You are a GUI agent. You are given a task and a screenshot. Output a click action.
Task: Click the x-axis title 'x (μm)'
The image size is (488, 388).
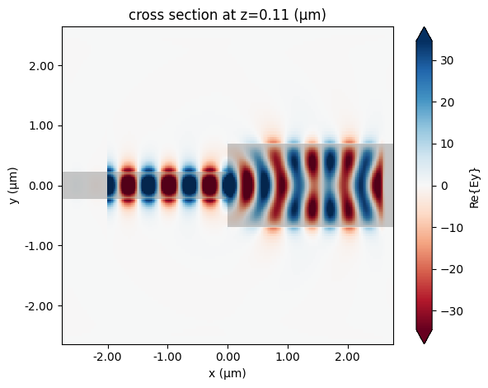(x=227, y=373)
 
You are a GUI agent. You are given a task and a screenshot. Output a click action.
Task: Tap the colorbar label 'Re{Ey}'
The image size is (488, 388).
(x=476, y=186)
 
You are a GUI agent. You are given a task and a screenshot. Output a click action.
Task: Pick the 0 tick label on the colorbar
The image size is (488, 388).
(x=445, y=186)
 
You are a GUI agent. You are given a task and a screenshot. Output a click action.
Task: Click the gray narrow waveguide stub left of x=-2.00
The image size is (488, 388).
(x=84, y=186)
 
